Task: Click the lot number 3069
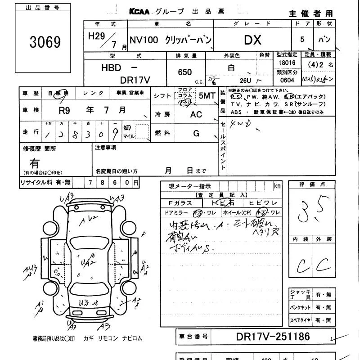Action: pos(45,42)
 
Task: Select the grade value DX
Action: pos(252,40)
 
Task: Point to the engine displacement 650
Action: pos(185,72)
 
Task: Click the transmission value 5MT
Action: pos(207,95)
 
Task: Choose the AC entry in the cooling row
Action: pos(196,114)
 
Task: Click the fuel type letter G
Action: pos(196,133)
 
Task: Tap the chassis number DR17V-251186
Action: pos(273,336)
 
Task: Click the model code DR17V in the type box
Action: pos(135,79)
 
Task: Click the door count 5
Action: pos(302,40)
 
